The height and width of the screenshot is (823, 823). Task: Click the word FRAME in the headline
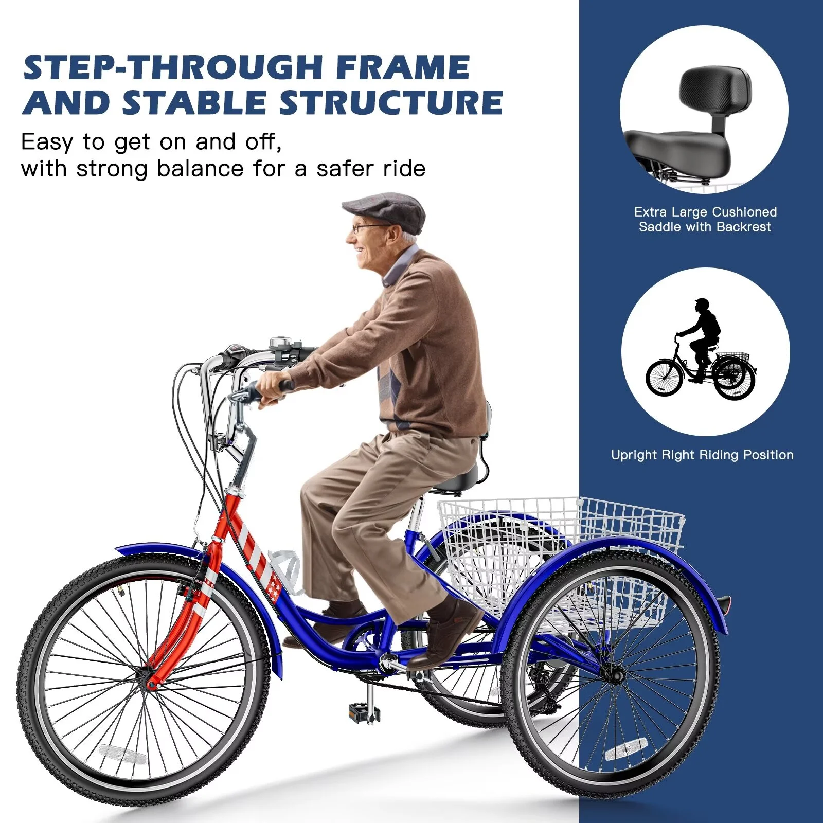point(403,67)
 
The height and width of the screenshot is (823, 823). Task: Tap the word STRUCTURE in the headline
point(391,102)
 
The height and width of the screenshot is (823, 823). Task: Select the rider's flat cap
point(386,210)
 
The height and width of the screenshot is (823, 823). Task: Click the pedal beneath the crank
point(364,712)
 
